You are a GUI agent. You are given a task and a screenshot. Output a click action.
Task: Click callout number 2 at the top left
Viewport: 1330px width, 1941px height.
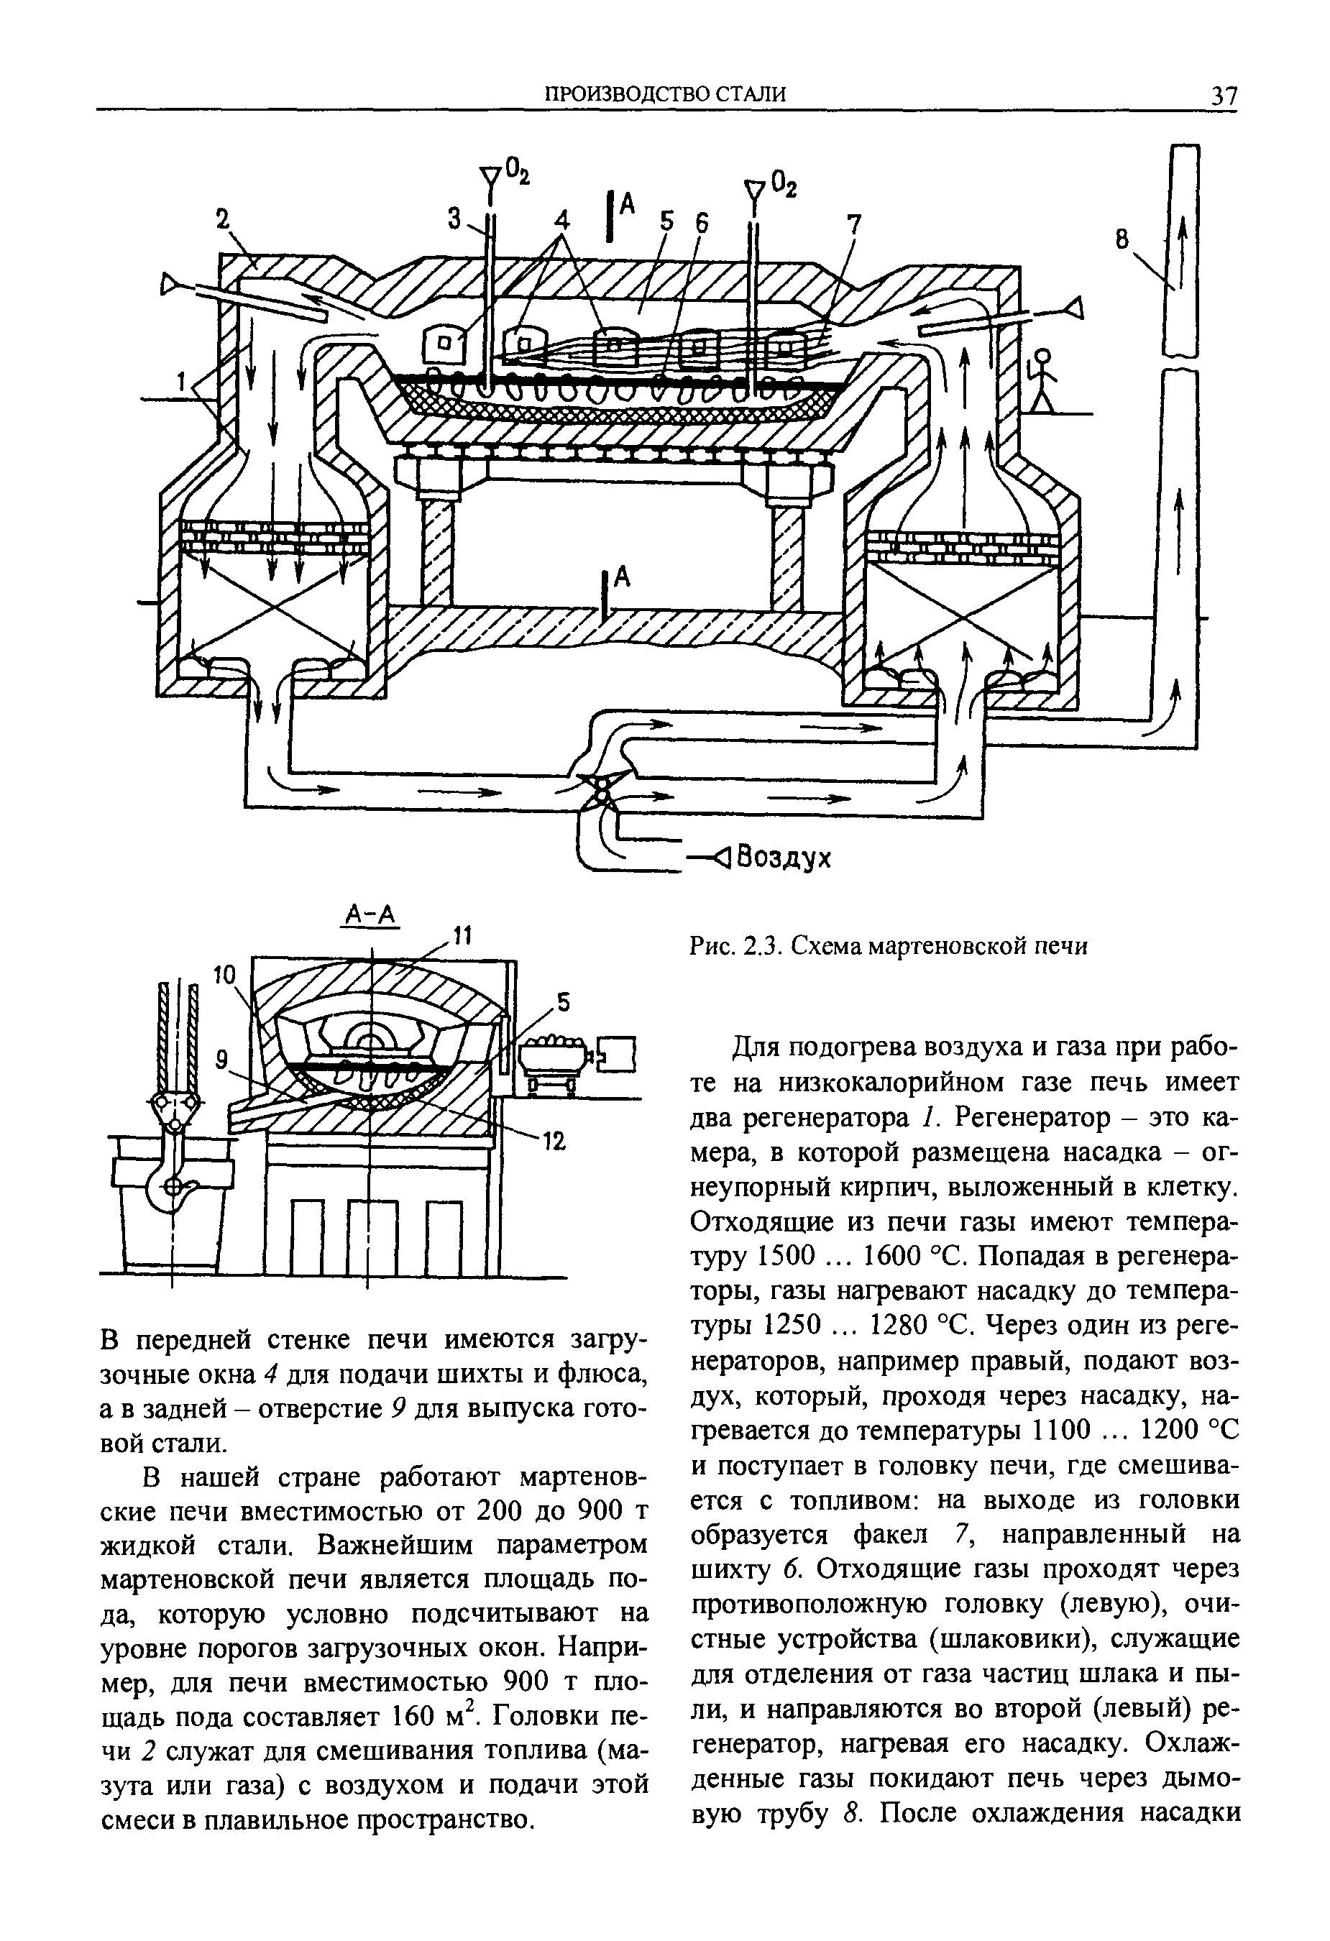(x=222, y=220)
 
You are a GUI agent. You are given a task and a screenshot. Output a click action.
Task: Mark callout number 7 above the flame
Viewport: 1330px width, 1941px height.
(x=853, y=224)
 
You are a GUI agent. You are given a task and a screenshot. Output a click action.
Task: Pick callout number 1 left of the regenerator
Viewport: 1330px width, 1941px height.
(x=180, y=382)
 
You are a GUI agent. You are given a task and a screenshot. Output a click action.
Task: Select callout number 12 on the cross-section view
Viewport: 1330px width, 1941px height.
(x=556, y=1141)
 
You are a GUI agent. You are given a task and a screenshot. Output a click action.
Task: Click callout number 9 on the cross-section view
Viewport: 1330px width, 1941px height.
(x=221, y=1060)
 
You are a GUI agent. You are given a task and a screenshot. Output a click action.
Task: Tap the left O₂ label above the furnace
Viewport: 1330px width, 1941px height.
(x=517, y=173)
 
